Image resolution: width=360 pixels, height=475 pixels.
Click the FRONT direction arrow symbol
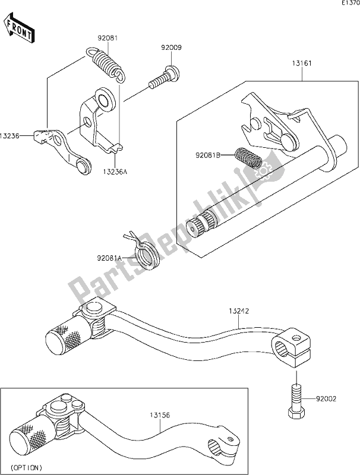(x=18, y=29)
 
